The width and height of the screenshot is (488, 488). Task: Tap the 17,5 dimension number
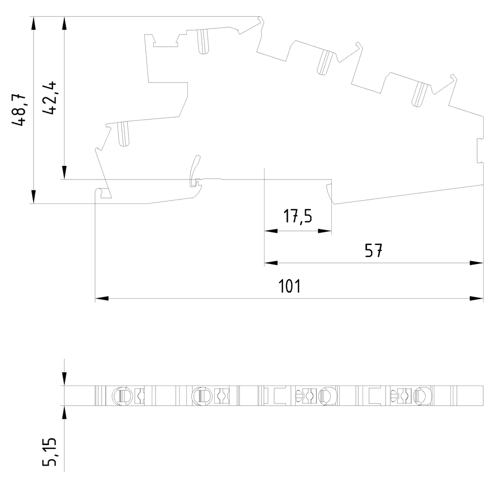(x=298, y=216)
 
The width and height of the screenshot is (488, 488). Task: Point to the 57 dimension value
(x=374, y=251)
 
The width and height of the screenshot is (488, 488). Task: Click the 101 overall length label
(x=289, y=286)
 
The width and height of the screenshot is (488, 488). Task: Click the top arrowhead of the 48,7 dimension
(x=33, y=23)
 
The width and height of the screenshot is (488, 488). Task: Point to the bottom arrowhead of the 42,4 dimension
(x=64, y=173)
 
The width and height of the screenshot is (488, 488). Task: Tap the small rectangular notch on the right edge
(x=479, y=151)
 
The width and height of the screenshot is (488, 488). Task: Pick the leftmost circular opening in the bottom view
(x=122, y=395)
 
